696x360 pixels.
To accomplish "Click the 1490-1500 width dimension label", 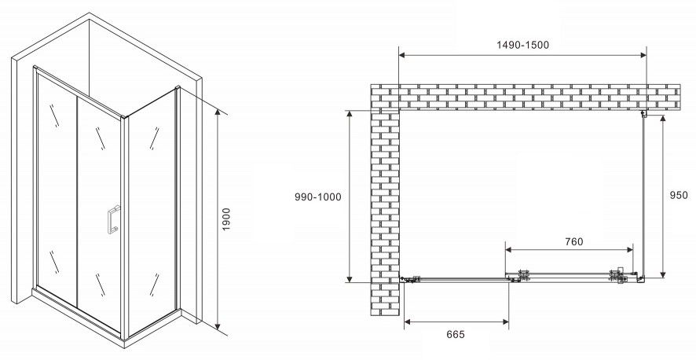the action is pos(522,45).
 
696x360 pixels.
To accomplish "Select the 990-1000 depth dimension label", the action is pos(318,197).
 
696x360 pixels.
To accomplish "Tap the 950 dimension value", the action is pos(679,195).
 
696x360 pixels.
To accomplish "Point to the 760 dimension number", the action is pos(574,241).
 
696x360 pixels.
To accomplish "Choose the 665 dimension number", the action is pos(456,334).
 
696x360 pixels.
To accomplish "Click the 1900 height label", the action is pos(226,219).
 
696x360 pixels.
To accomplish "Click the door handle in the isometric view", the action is pos(113,219).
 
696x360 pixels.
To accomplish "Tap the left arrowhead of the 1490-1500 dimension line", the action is pos(402,55).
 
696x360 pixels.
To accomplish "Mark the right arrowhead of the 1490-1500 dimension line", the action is pos(643,55).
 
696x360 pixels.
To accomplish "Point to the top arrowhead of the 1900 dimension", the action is pos(218,112).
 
